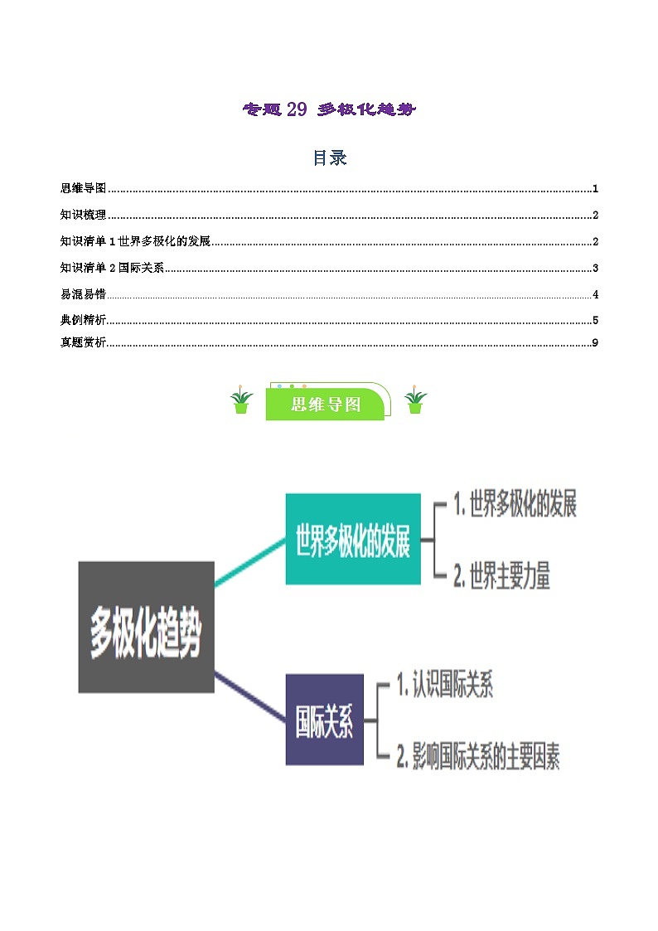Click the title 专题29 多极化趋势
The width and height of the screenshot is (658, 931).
pos(328,109)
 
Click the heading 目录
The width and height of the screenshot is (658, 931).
pos(329,158)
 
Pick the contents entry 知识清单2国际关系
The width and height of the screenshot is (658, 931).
pos(113,269)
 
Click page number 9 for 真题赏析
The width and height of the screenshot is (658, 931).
pos(595,343)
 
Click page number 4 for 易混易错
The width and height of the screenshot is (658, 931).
pos(595,295)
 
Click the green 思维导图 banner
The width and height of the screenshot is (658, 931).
pos(326,404)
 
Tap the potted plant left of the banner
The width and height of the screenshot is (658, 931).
pos(241,400)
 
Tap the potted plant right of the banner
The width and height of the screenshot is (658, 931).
pos(415,400)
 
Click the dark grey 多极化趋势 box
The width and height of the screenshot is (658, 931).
pos(146,627)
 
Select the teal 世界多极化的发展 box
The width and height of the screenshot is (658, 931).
pos(353,539)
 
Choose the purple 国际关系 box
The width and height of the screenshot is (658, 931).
pos(325,720)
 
